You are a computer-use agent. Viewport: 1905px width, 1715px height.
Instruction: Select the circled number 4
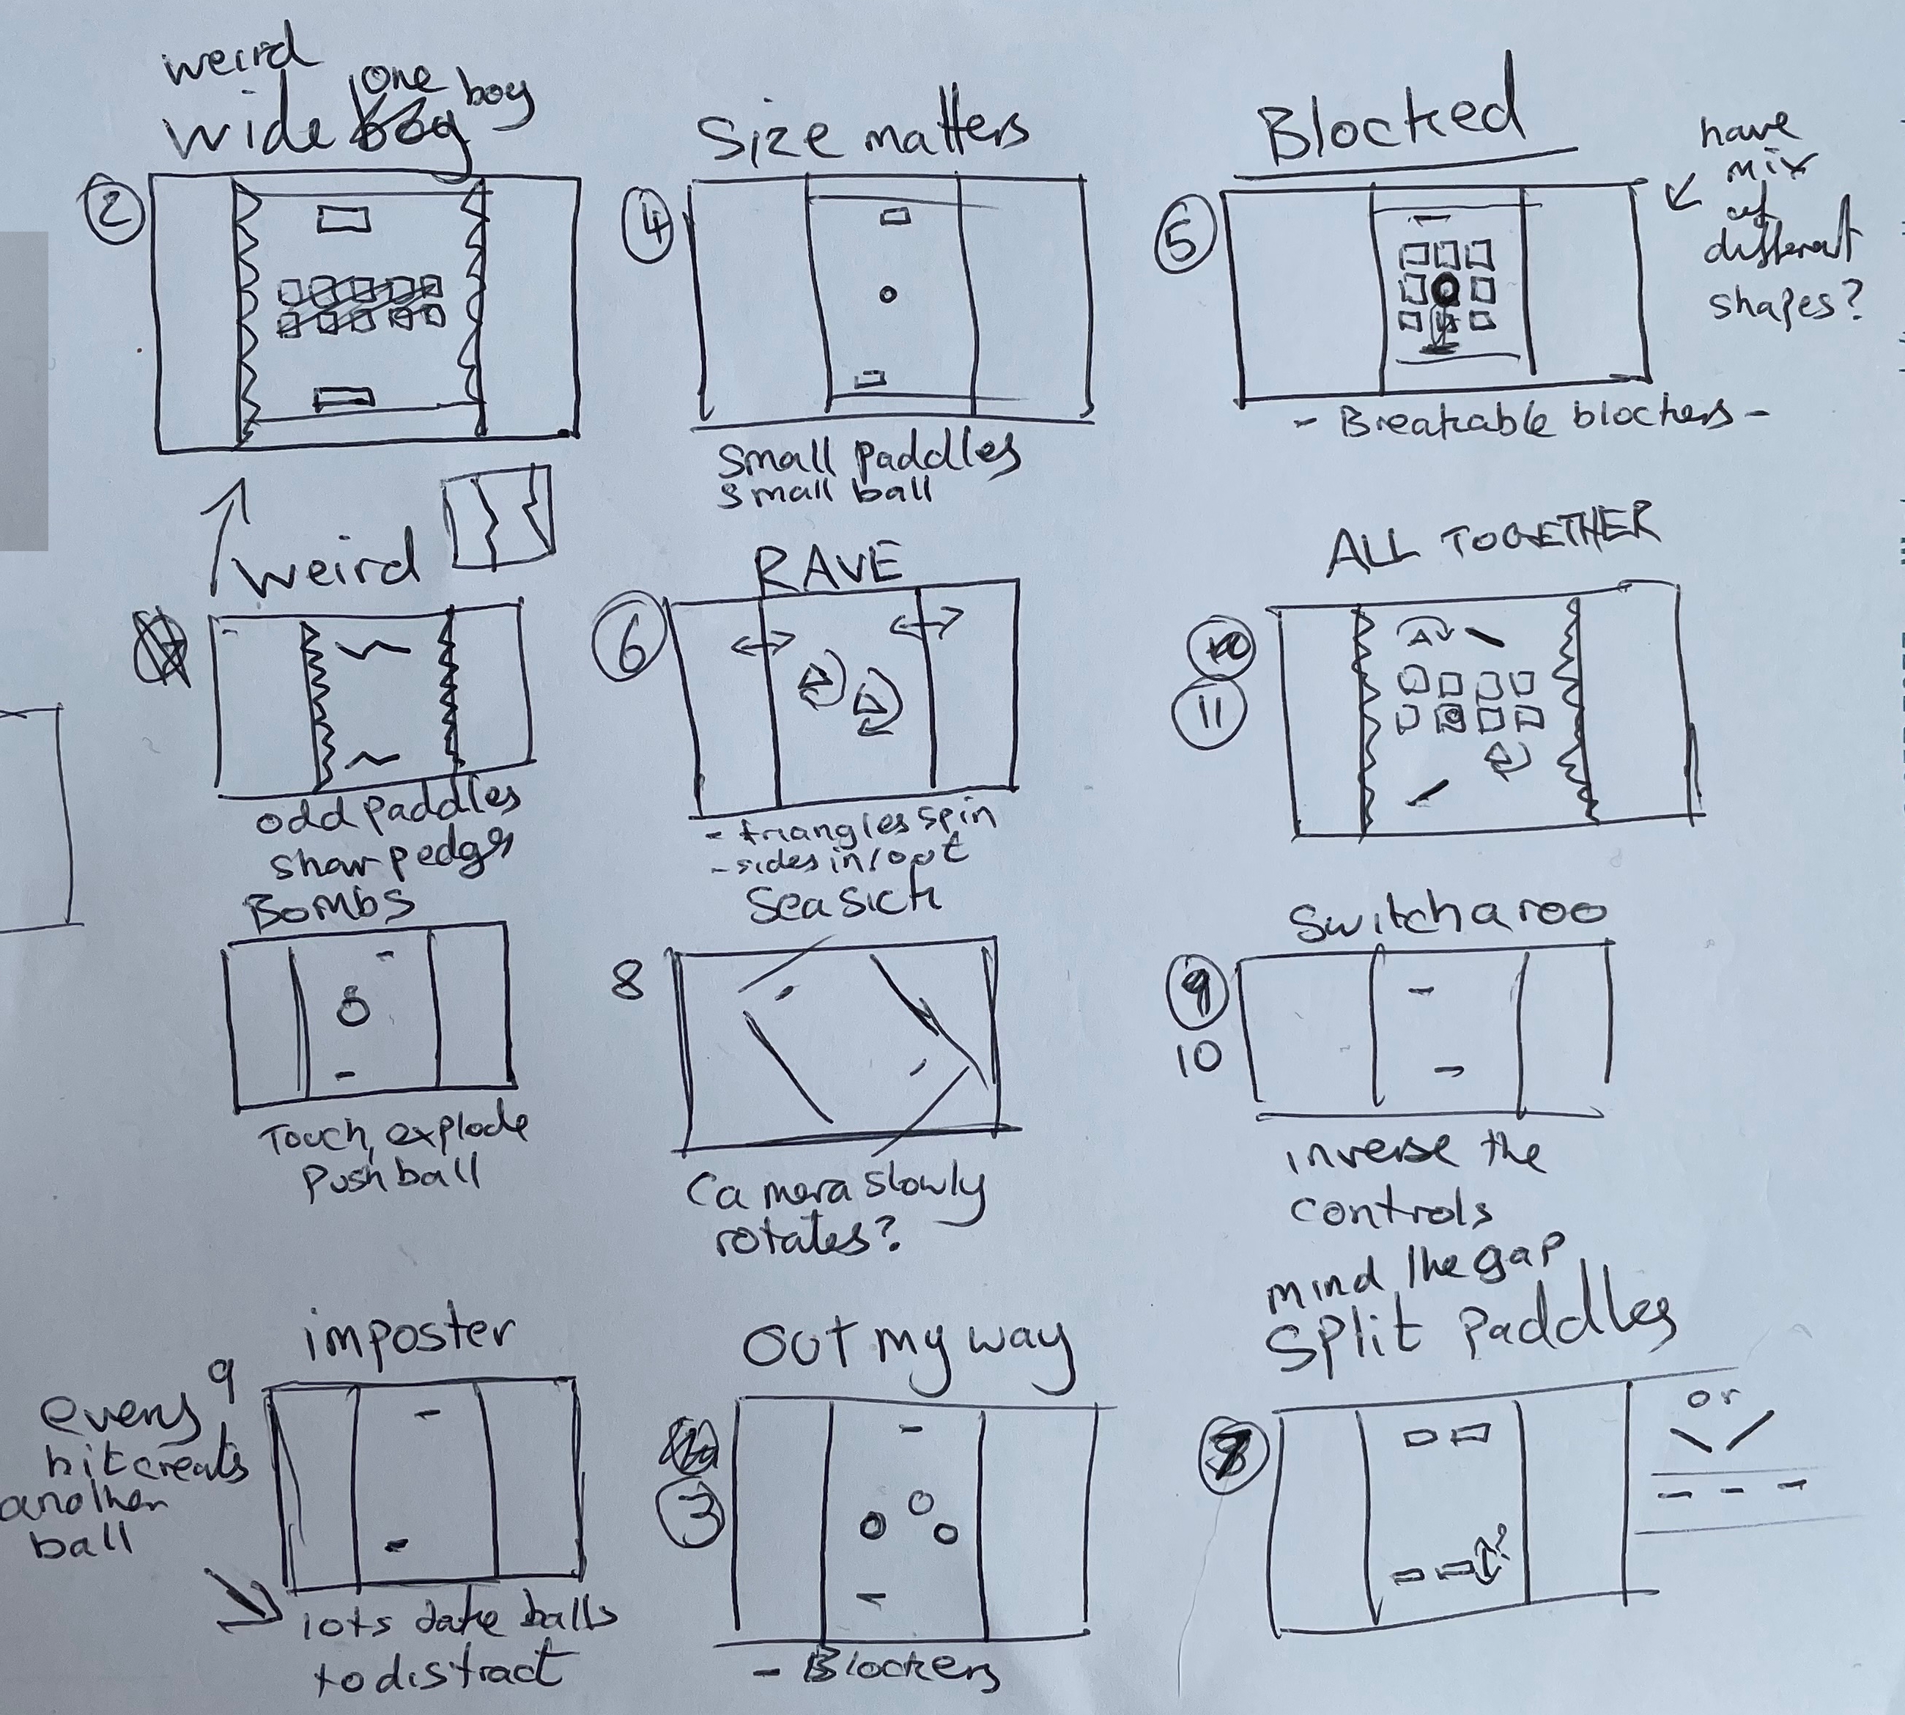pyautogui.click(x=649, y=226)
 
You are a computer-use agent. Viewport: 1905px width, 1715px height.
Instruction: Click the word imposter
pyautogui.click(x=408, y=1336)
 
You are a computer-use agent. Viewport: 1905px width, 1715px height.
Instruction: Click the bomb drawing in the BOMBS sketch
pyautogui.click(x=353, y=1007)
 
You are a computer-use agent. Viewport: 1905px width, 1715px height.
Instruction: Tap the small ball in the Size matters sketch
pyautogui.click(x=887, y=295)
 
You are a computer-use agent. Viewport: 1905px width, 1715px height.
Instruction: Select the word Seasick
pyautogui.click(x=843, y=904)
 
